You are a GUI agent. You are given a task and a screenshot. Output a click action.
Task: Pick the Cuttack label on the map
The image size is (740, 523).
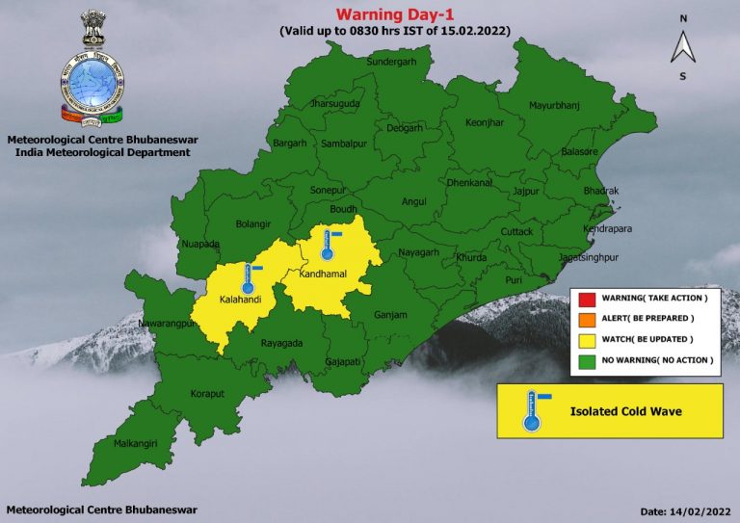coord(516,232)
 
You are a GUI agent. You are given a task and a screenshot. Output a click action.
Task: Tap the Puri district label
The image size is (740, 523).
coord(514,280)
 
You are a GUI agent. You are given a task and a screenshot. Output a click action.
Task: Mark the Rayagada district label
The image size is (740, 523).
coord(283,342)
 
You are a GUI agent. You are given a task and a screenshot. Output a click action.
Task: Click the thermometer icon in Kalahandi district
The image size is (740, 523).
coord(249,277)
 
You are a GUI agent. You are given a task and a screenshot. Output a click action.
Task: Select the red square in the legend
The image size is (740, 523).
coord(585,299)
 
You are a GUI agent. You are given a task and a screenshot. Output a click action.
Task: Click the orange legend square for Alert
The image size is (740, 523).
coord(585,319)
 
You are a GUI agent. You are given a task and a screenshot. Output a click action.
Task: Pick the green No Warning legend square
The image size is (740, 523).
coord(585,359)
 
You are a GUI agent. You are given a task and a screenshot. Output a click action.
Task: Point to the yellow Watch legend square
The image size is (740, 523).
coord(585,339)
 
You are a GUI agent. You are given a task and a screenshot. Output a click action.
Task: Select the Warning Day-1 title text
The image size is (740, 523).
coord(395,14)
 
